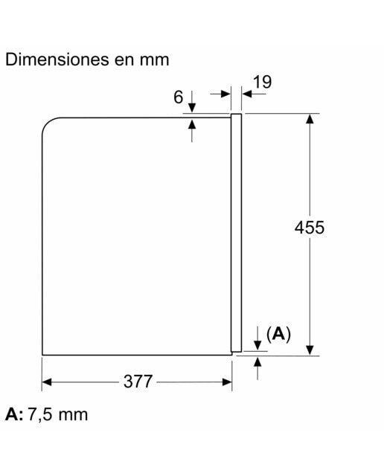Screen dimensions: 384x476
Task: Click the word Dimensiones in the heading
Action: (x=57, y=59)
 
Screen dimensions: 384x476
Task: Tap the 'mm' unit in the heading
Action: (x=154, y=60)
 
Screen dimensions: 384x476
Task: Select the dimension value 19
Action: (x=263, y=82)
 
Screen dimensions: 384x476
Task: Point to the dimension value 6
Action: (x=179, y=97)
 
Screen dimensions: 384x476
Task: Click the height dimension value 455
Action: (x=310, y=228)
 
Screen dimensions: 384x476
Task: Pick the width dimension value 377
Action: (x=138, y=382)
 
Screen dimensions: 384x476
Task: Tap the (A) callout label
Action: (x=278, y=334)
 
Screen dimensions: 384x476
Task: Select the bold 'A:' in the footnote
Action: (x=14, y=414)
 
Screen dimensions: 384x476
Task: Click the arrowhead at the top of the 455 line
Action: (x=310, y=118)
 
